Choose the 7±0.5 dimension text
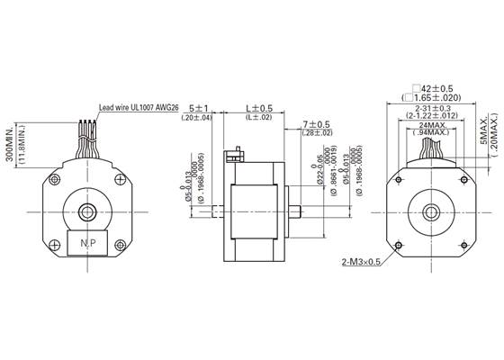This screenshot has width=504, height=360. coord(318,124)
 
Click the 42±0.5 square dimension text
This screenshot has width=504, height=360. coord(436,88)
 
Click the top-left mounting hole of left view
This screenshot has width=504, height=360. coord(55,180)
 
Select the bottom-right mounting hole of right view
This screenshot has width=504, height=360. coord(466,243)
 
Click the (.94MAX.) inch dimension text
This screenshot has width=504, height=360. coord(436,133)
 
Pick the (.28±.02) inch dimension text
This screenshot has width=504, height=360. coord(318,133)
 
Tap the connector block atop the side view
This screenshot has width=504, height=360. coord(236,155)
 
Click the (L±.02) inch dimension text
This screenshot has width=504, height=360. coord(260,118)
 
